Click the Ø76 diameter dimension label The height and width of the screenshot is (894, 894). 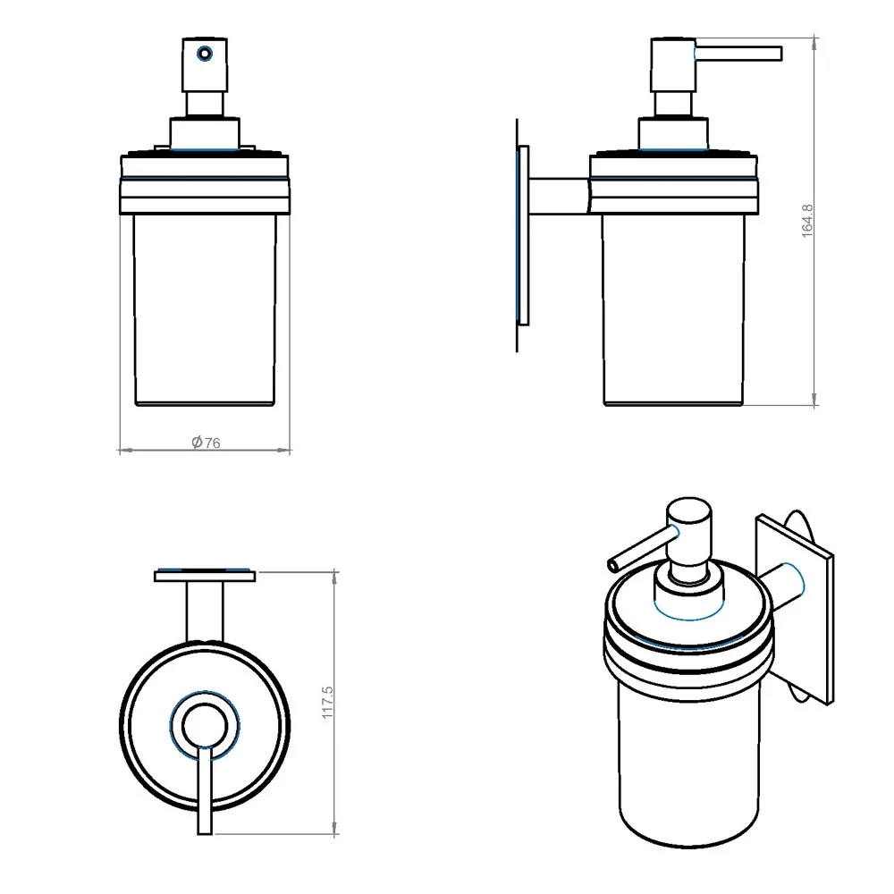coord(206,443)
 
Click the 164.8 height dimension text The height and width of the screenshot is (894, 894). coord(806,221)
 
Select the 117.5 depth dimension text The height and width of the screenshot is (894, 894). coord(327,703)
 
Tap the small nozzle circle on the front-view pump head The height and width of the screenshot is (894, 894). coord(204,54)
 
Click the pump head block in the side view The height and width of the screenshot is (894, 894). coord(673,64)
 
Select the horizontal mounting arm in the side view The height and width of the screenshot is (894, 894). coord(561,197)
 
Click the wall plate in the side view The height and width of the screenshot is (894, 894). coord(523,235)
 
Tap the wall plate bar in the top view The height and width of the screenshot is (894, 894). coord(205,575)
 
